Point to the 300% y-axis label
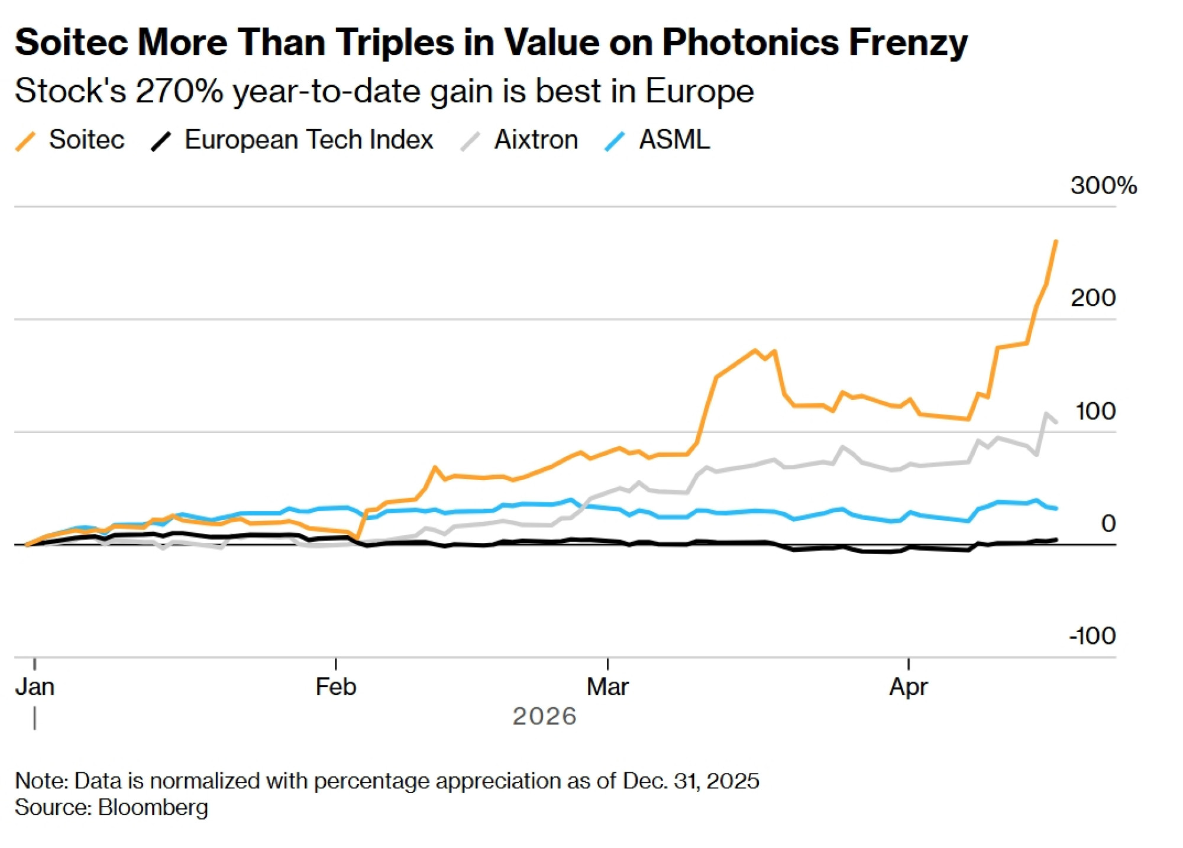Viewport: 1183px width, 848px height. pyautogui.click(x=1103, y=186)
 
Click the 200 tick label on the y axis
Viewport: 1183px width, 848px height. pyautogui.click(x=1093, y=298)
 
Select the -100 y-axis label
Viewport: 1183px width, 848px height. pyautogui.click(x=1092, y=636)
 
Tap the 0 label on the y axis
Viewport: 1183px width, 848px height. pyautogui.click(x=1108, y=523)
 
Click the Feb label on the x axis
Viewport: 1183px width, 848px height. pyautogui.click(x=336, y=687)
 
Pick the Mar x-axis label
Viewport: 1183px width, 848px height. pyautogui.click(x=607, y=687)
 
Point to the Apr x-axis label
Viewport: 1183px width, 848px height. pyautogui.click(x=909, y=687)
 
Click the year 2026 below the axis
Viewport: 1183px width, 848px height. pyautogui.click(x=544, y=717)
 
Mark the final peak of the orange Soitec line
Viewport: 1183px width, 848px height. pyautogui.click(x=1056, y=241)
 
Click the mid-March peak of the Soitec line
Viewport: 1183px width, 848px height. pyautogui.click(x=755, y=350)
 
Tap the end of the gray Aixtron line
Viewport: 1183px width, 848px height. pyautogui.click(x=1056, y=422)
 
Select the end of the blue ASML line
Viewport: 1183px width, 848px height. pyautogui.click(x=1056, y=509)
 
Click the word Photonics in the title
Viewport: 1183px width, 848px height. pyautogui.click(x=750, y=43)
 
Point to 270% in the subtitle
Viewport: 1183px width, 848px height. pyautogui.click(x=179, y=92)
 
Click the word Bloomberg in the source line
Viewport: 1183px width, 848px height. pyautogui.click(x=153, y=808)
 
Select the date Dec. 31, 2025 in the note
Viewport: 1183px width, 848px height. pyautogui.click(x=690, y=781)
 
